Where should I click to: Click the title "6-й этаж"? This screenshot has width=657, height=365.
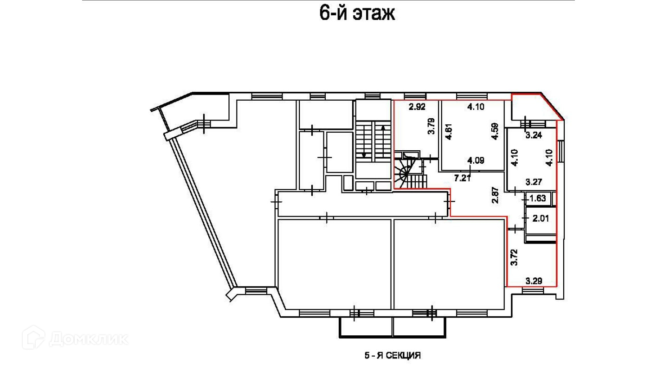pos(357,13)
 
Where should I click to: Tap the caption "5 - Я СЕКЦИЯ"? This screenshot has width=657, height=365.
pos(392,356)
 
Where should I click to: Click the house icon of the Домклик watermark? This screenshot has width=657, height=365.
pos(33,337)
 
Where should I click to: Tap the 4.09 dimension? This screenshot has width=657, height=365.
pos(476,161)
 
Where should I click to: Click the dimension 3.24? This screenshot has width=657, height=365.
pos(534,136)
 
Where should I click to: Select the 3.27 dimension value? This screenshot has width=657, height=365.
pos(534,182)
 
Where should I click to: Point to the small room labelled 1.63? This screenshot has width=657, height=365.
pos(537,199)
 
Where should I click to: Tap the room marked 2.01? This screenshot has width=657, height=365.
pos(541,218)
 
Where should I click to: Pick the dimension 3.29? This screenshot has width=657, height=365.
pos(534,281)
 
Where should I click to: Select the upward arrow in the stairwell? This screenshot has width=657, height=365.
pos(383,139)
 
